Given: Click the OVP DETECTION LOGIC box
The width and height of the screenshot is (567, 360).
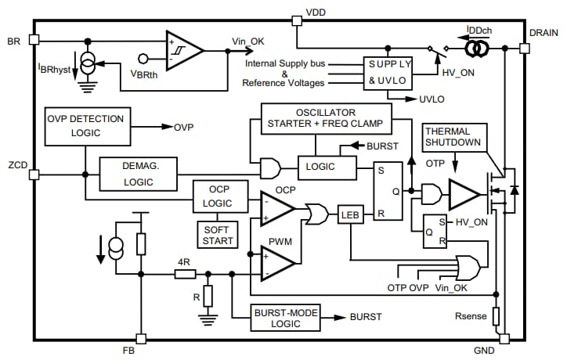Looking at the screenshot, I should coord(86,126).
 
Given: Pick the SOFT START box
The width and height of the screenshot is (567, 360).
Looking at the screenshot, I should coord(218,234).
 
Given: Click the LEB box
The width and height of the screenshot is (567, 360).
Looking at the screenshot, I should coord(349,214).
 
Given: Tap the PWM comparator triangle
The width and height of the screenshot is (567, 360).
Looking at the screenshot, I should coord(276,261).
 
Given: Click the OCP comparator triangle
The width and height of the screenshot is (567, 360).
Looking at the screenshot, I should coord(276,208).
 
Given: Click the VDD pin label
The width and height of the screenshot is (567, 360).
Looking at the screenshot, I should coord(316,13).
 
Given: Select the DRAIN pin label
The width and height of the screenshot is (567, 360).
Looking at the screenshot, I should coord(544,32).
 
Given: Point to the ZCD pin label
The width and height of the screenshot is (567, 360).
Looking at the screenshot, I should coord(16,166).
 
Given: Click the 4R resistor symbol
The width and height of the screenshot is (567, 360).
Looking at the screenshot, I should coord(185,273).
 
